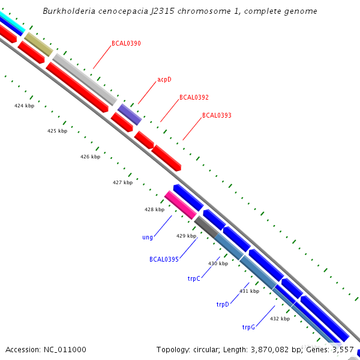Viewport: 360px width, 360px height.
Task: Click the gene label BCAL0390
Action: pos(126,43)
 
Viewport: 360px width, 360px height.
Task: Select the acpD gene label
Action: pos(164,79)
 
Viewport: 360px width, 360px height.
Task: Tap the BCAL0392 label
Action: pos(194,97)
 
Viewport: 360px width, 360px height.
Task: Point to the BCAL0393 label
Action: pos(217,115)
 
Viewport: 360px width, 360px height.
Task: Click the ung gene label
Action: pos(147,238)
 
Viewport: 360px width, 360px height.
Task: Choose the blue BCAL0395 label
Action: pos(164,259)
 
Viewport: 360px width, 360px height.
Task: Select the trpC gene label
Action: pos(193,278)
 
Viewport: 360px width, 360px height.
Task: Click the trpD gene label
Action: pos(223,305)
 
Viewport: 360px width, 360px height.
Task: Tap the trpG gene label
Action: pos(248,327)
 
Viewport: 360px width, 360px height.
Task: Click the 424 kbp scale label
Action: pos(24,106)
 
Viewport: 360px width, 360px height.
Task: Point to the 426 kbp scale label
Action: pos(90,157)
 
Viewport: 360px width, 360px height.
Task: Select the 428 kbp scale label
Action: pos(154,209)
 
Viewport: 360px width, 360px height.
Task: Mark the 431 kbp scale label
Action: pos(249,291)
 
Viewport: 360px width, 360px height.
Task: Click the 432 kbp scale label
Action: pos(280,319)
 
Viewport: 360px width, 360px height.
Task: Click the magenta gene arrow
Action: pos(181,205)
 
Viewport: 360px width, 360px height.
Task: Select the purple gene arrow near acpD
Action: pos(130,114)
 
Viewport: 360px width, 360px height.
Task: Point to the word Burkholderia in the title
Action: pos(68,11)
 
